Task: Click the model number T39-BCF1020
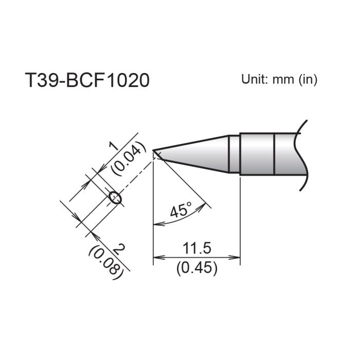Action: pos(87,81)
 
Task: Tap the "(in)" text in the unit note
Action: pos(307,80)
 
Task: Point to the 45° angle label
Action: pos(181,210)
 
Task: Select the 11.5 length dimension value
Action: pos(197,249)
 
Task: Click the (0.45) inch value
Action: pos(197,267)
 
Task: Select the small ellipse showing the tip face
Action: pos(115,198)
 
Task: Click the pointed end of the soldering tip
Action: pos(155,151)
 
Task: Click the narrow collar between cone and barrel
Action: pos(234,154)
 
